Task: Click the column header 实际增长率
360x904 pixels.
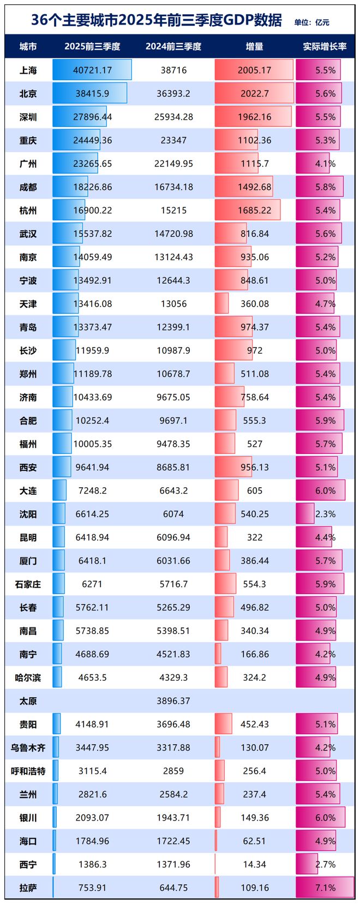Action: point(325,47)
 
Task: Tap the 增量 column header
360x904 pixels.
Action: point(254,47)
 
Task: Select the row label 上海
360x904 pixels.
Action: point(28,70)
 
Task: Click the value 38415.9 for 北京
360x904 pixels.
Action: point(92,94)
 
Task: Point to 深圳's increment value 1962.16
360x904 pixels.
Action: point(254,117)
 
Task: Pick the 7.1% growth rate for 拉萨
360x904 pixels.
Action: point(325,888)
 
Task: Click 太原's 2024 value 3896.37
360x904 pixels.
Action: point(173,701)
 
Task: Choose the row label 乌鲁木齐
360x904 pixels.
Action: point(28,748)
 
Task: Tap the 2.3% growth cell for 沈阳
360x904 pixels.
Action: point(325,514)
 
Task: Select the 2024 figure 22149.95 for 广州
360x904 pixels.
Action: point(173,164)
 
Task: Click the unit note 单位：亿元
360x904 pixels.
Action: point(311,22)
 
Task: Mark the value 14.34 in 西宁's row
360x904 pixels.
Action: point(254,864)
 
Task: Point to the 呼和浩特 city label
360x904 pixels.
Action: point(28,771)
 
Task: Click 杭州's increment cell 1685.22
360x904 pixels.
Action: point(254,211)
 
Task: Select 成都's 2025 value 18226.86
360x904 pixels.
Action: point(92,187)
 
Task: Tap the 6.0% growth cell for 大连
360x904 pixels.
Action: point(325,490)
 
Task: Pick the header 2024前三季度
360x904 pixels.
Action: point(173,47)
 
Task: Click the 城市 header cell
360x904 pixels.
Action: point(28,47)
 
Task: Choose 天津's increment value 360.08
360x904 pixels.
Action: point(254,304)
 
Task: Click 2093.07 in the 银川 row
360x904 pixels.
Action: point(92,818)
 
